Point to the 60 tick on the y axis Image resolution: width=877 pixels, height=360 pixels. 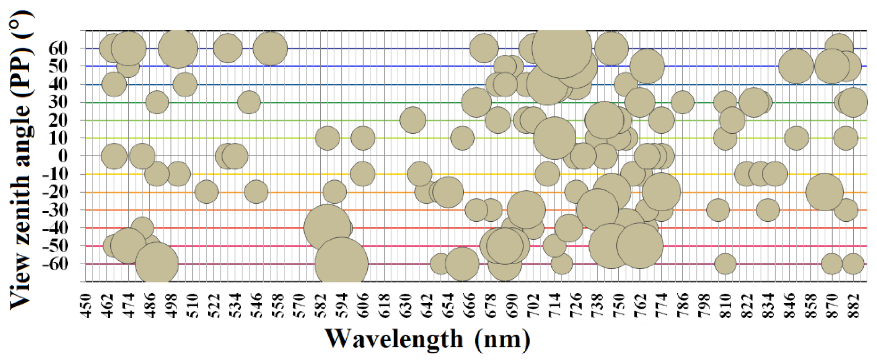pos(58,48)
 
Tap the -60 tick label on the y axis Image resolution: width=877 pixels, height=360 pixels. pos(55,263)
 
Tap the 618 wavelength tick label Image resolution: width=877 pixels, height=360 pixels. pos(384,306)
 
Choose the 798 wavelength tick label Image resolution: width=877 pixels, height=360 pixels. pos(704,306)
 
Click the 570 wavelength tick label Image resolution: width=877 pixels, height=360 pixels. pos(299,306)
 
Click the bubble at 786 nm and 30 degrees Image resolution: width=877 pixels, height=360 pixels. pos(683,102)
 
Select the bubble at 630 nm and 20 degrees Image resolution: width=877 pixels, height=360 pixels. pos(413,120)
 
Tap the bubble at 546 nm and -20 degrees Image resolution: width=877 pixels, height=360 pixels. pos(256,192)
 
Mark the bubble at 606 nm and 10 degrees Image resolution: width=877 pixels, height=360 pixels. pos(363,138)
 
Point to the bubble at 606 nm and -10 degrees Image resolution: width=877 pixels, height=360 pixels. pos(363,174)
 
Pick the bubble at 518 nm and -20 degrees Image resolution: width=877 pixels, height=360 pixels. pos(206,192)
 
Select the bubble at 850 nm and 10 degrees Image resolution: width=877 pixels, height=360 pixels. pos(796,138)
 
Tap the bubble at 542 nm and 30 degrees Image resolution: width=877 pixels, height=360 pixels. pos(249,102)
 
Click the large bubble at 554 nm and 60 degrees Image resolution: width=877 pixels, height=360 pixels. pos(270,48)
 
